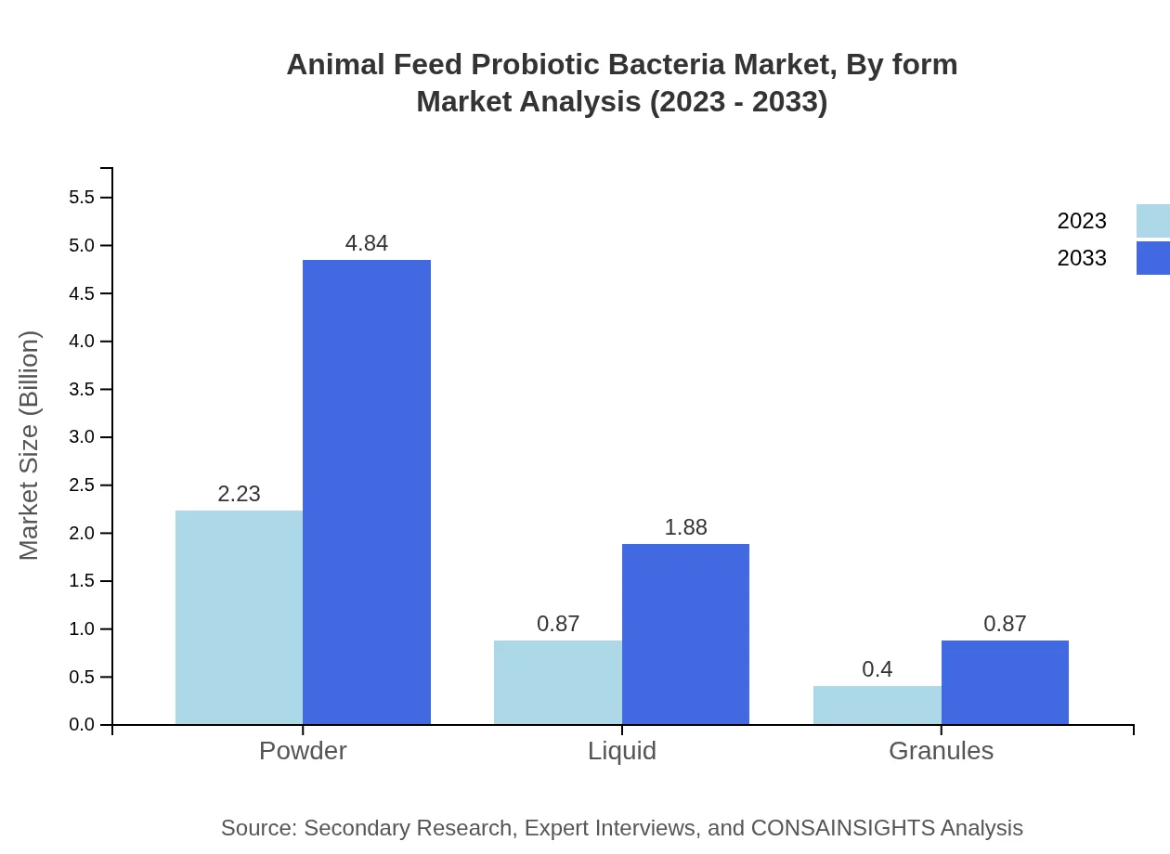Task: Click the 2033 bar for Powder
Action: pyautogui.click(x=367, y=492)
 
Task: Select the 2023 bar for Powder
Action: pyautogui.click(x=239, y=617)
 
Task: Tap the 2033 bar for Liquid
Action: pyautogui.click(x=685, y=634)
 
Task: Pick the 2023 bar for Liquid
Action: pyautogui.click(x=557, y=682)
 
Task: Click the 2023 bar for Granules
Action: pyautogui.click(x=877, y=705)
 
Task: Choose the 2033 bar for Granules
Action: pyautogui.click(x=1005, y=682)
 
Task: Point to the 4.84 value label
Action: pyautogui.click(x=367, y=243)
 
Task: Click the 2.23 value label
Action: pyautogui.click(x=239, y=494)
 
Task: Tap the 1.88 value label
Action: pyautogui.click(x=685, y=527)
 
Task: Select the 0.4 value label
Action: pyautogui.click(x=877, y=669)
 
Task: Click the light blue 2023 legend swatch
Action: pyautogui.click(x=1152, y=221)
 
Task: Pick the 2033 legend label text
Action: pyautogui.click(x=1082, y=258)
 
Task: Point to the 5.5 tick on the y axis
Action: pyautogui.click(x=82, y=198)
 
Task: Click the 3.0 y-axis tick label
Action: pyautogui.click(x=82, y=437)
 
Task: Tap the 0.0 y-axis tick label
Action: pyautogui.click(x=82, y=725)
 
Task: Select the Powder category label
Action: pyautogui.click(x=303, y=750)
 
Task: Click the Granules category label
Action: pyautogui.click(x=941, y=750)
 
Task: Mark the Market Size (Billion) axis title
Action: pyautogui.click(x=30, y=446)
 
